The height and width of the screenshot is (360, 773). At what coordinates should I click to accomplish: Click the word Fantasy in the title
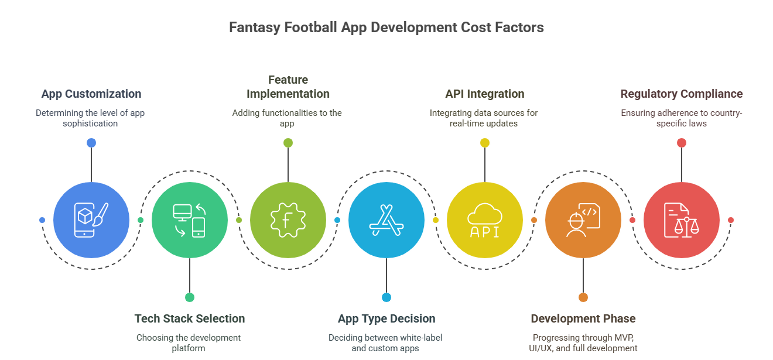pyautogui.click(x=255, y=28)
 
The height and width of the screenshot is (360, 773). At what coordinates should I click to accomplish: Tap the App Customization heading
pyautogui.click(x=91, y=94)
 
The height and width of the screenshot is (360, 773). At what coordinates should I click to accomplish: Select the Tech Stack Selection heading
pyautogui.click(x=190, y=318)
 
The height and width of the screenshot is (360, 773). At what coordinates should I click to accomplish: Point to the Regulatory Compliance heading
pyautogui.click(x=682, y=94)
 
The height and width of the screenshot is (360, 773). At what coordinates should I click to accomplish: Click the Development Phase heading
pyautogui.click(x=583, y=318)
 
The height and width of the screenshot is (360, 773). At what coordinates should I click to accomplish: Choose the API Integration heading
pyautogui.click(x=485, y=94)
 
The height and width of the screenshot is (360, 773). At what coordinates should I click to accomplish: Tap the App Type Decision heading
pyautogui.click(x=386, y=318)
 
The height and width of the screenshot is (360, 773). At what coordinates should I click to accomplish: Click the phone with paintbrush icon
pyautogui.click(x=91, y=220)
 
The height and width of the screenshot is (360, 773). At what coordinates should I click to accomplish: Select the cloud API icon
pyautogui.click(x=485, y=220)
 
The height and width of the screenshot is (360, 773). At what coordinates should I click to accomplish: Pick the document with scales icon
pyautogui.click(x=682, y=220)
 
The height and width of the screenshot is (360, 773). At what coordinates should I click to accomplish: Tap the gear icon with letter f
pyautogui.click(x=288, y=220)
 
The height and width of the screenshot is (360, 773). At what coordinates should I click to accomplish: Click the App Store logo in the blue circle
pyautogui.click(x=386, y=220)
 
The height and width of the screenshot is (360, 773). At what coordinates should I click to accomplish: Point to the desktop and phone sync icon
pyautogui.click(x=190, y=220)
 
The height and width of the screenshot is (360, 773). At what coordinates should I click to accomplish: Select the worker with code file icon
pyautogui.click(x=583, y=220)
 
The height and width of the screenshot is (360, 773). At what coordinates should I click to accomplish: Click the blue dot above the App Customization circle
pyautogui.click(x=91, y=143)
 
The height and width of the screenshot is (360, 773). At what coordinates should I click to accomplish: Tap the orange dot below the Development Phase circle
pyautogui.click(x=583, y=297)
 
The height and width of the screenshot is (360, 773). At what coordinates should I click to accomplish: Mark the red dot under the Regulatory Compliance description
pyautogui.click(x=682, y=143)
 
